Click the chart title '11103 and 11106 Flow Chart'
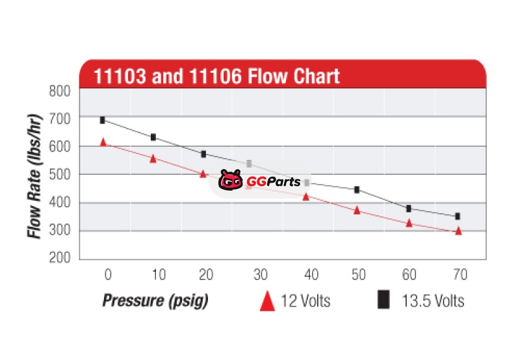click(x=216, y=76)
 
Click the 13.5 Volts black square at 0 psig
click(x=103, y=120)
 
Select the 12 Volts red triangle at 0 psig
click(x=103, y=142)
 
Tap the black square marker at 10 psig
click(x=153, y=137)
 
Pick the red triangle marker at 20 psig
click(x=203, y=174)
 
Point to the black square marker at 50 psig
click(x=357, y=190)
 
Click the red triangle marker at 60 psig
click(x=409, y=223)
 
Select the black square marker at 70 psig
click(x=458, y=216)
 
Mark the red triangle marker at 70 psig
click(x=458, y=231)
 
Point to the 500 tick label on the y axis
click(x=60, y=174)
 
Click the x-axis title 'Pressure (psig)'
click(x=154, y=301)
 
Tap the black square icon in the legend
click(x=384, y=300)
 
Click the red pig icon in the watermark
click(x=230, y=181)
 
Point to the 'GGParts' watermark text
click(x=273, y=182)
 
